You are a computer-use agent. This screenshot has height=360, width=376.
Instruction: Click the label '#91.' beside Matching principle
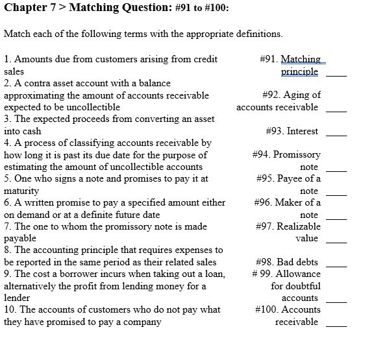click(268, 59)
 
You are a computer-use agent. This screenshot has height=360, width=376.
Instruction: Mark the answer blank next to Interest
click(336, 135)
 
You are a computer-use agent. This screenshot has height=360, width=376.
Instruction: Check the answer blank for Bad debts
click(336, 266)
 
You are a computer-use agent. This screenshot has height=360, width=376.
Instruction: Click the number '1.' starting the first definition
click(7, 60)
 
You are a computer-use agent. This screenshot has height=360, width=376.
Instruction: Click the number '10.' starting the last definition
click(10, 310)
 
